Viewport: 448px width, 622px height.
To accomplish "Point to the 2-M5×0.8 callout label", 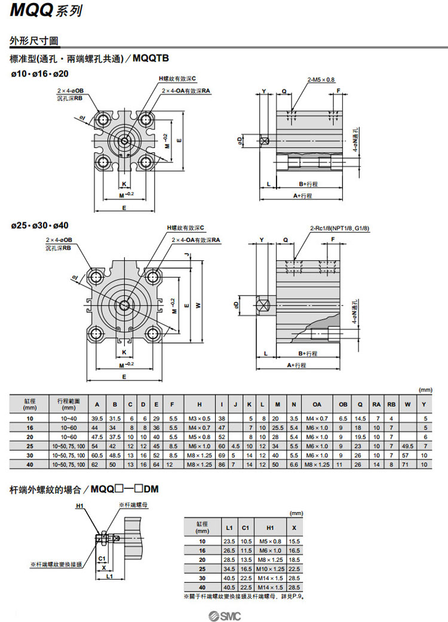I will pos(321,79).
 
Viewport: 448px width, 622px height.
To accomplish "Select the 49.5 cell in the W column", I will pos(408,446).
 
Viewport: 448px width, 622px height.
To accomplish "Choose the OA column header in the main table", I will pos(317,404).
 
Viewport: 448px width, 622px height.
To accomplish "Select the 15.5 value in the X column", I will pos(293,541).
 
